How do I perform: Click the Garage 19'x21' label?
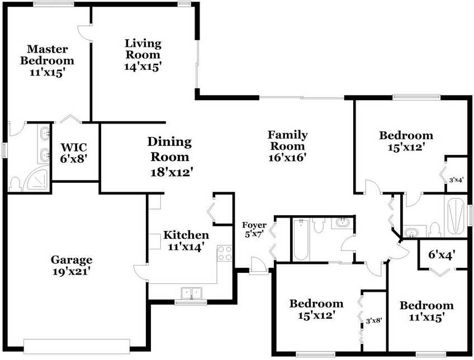pos(72,266)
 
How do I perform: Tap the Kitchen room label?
pos(186,235)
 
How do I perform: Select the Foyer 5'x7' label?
pos(254,230)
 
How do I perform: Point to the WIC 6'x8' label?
pos(74,153)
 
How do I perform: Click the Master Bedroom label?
pos(47,55)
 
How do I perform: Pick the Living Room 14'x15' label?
pos(143,55)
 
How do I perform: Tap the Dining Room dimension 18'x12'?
pos(172,172)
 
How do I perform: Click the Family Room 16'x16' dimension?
pos(287,157)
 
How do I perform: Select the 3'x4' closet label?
pos(456,180)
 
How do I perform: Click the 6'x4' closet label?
pos(442,255)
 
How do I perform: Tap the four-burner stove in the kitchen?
pos(225,253)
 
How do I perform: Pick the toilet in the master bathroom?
pos(15,184)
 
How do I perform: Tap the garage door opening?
pos(77,347)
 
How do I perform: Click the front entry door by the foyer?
pos(258,266)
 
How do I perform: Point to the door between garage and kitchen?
pos(140,271)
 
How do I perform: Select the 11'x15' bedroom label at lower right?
pos(426,311)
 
